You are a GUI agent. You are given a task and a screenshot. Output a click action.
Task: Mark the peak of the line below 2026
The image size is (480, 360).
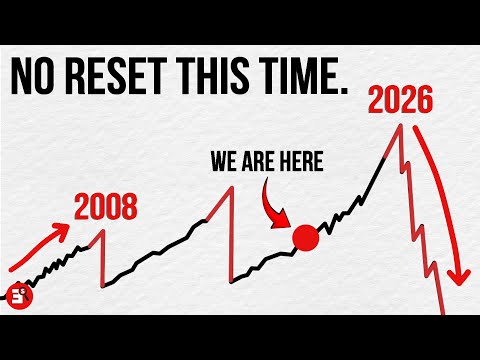[401, 124]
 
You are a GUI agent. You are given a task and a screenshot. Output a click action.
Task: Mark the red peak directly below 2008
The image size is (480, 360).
[101, 233]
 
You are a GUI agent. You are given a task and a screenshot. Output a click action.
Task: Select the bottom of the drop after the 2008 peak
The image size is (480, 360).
[104, 284]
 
